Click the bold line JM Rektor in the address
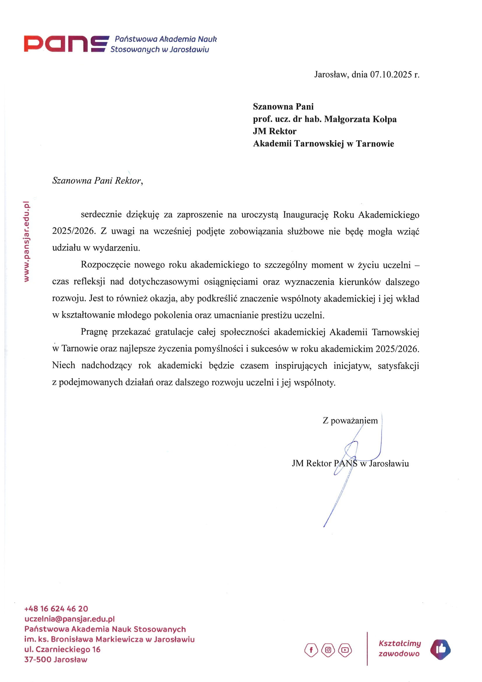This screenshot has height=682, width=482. pos(274,131)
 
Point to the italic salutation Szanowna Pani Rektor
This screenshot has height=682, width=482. pos(97,181)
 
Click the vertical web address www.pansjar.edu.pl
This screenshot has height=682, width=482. pos(27,242)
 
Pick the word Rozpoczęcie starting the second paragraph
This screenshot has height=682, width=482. pos(106,265)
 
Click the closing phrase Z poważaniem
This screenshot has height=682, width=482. pos(350,421)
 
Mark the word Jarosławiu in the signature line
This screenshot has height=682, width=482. pos(389,464)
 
